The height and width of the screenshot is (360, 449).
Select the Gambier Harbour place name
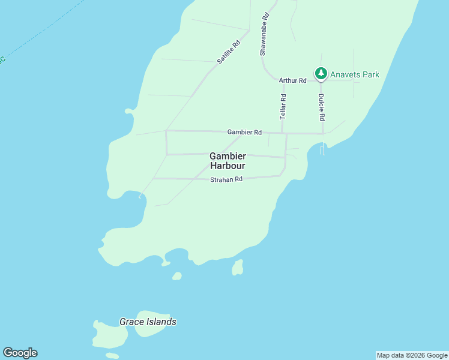(x=228, y=160)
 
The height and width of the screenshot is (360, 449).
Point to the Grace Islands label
(x=148, y=322)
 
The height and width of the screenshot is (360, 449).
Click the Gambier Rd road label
(x=244, y=132)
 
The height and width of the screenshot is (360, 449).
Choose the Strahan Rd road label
(x=226, y=179)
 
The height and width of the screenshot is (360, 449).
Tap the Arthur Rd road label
(x=292, y=80)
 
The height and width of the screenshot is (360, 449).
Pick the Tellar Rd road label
(x=283, y=105)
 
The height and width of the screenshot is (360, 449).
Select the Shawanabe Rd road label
(x=264, y=35)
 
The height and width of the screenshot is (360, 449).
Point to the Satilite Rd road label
(x=229, y=52)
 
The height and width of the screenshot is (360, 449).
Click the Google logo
(x=20, y=353)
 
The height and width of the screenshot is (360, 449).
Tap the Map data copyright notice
(x=412, y=355)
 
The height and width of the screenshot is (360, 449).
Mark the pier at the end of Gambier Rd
(x=322, y=149)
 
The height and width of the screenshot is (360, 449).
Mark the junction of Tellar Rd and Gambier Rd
(x=282, y=133)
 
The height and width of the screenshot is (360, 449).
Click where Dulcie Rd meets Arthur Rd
(x=321, y=82)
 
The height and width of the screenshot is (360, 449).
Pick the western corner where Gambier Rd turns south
(x=166, y=130)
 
